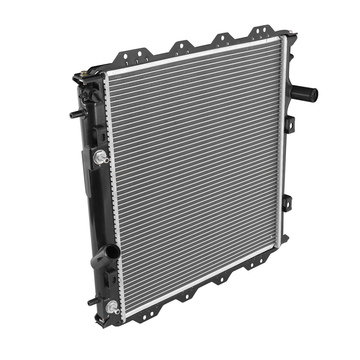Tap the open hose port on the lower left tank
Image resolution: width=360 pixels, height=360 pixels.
coord(112,252)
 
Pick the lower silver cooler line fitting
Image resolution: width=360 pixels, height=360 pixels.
coord(112,308)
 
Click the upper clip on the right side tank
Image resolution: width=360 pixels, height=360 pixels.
coord(290,124)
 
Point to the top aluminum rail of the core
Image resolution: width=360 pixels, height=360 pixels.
coord(195,55)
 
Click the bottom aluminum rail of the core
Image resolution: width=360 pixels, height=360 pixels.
coord(202,281)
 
